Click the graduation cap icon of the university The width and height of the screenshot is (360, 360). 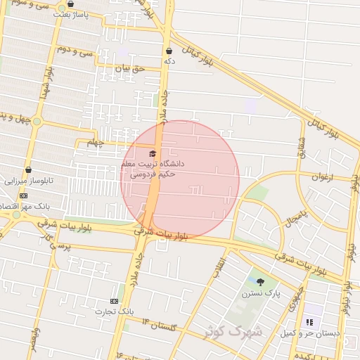[x=150, y=153]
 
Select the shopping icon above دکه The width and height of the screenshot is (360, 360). [x=169, y=51]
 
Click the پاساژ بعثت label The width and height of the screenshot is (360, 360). [x=75, y=14]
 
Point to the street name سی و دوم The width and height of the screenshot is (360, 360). [x=76, y=51]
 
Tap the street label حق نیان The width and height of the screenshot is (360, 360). [x=129, y=68]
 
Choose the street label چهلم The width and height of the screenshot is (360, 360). [x=95, y=143]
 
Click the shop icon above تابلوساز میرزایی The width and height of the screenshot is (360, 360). [x=28, y=169]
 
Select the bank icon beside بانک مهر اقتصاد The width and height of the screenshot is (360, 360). [x=23, y=195]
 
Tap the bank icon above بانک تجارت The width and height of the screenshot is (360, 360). [x=115, y=300]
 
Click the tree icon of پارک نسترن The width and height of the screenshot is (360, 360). [x=261, y=281]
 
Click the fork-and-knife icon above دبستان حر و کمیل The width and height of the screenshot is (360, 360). [x=308, y=322]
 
